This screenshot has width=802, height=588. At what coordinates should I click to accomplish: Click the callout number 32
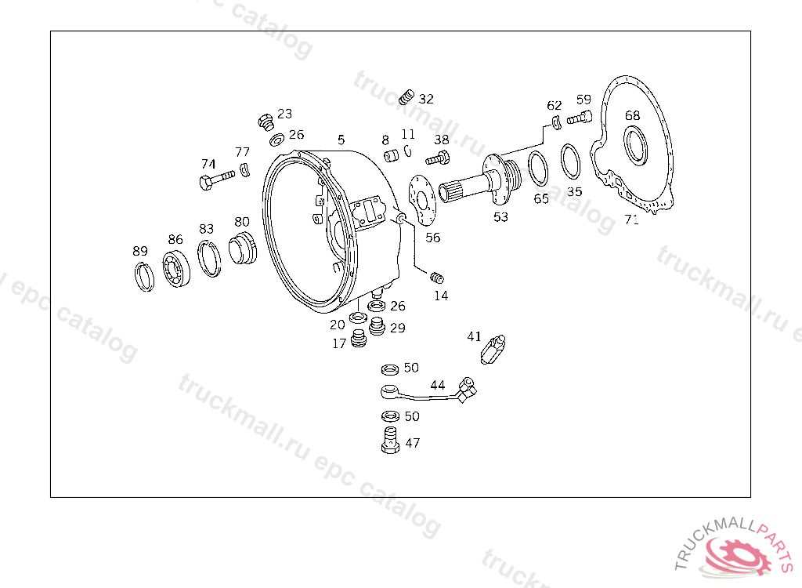[x=426, y=99]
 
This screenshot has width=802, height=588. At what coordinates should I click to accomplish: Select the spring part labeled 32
[x=406, y=96]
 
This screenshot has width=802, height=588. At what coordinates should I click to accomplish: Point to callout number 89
[x=140, y=251]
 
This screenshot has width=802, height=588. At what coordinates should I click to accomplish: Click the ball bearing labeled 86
[x=176, y=268]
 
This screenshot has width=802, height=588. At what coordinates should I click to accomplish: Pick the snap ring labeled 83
[x=209, y=259]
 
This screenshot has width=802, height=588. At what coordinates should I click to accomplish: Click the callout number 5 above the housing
[x=341, y=140]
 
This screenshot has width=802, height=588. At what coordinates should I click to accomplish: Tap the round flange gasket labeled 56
[x=423, y=201]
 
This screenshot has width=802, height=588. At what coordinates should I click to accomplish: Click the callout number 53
[x=500, y=217]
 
